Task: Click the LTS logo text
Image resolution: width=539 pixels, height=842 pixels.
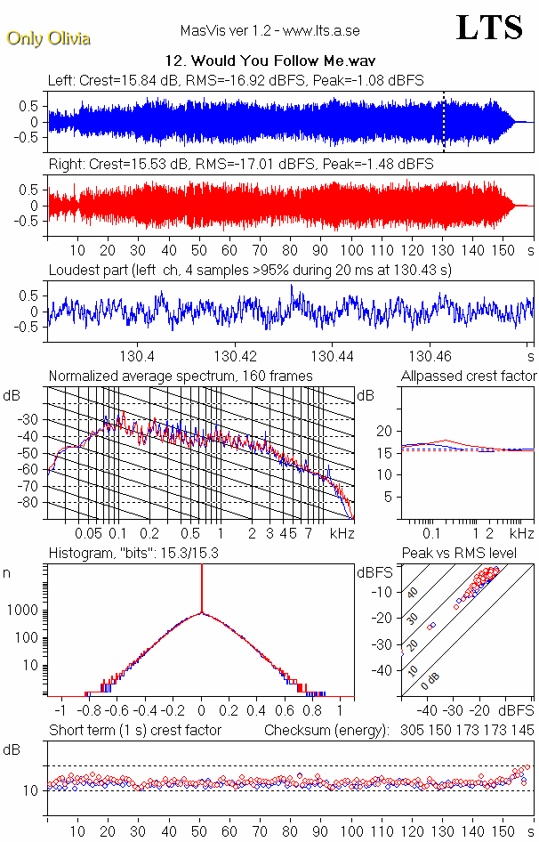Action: [x=488, y=28]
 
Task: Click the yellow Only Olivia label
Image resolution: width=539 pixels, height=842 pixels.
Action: [x=48, y=38]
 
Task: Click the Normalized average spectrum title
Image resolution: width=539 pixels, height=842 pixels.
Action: [x=180, y=376]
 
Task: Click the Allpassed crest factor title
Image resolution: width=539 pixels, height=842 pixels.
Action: [x=469, y=376]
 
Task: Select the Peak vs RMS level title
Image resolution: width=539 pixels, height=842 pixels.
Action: [x=471, y=554]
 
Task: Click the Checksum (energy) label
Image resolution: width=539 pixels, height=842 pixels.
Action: [x=327, y=731]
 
